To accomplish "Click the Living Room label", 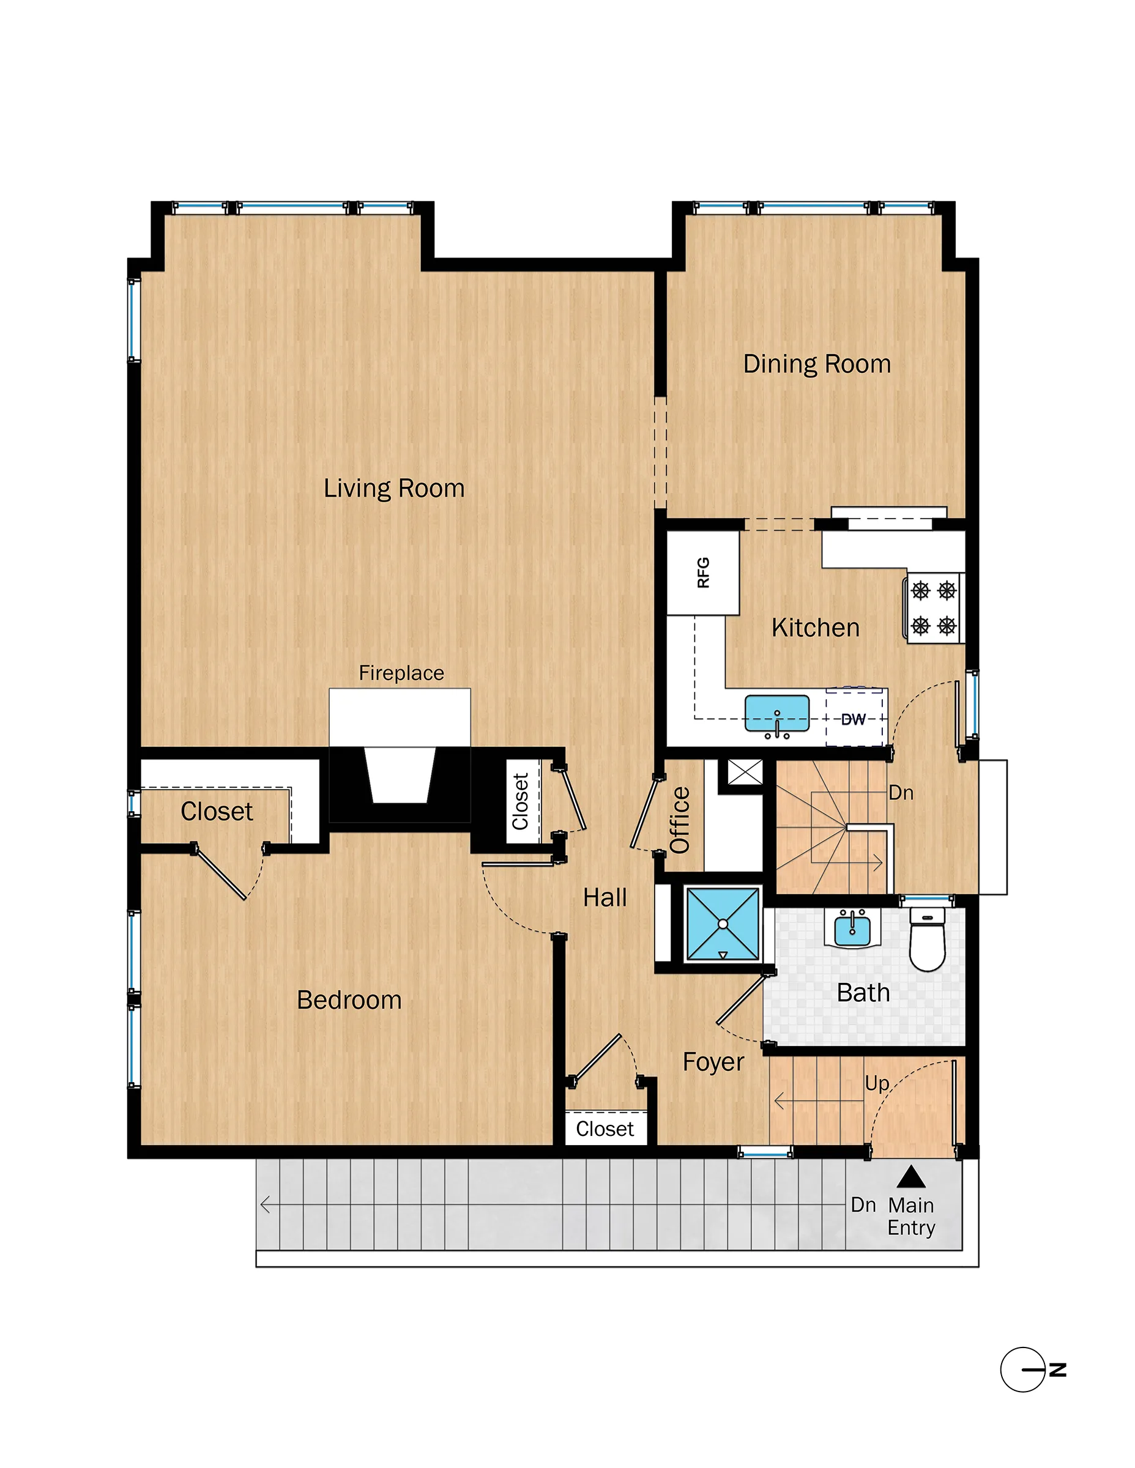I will pyautogui.click(x=394, y=489).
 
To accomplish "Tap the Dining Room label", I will pyautogui.click(x=816, y=365).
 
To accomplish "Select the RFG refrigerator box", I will pyautogui.click(x=702, y=573).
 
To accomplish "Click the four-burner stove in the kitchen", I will pyautogui.click(x=933, y=609).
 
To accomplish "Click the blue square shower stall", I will pyautogui.click(x=723, y=924).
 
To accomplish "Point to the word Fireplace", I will pyautogui.click(x=401, y=673).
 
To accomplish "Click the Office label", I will pyautogui.click(x=680, y=820).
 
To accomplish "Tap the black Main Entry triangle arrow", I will pyautogui.click(x=911, y=1177).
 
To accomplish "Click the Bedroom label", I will pyautogui.click(x=349, y=1000).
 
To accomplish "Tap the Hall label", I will pyautogui.click(x=605, y=898).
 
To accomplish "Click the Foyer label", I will pyautogui.click(x=713, y=1062).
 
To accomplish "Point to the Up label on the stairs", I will pyautogui.click(x=877, y=1083).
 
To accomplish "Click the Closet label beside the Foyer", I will pyautogui.click(x=605, y=1129).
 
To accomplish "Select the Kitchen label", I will pyautogui.click(x=815, y=628).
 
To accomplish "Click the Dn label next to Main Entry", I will pyautogui.click(x=863, y=1205).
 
